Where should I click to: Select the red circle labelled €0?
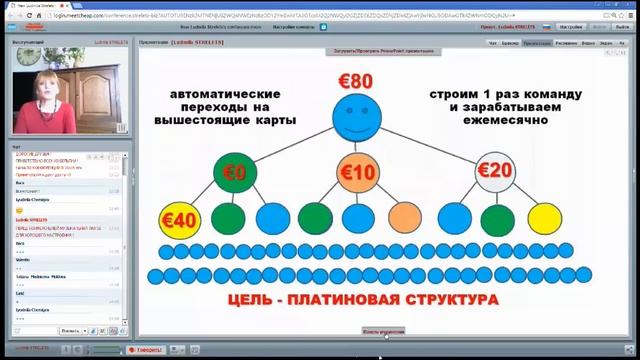[235, 172]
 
